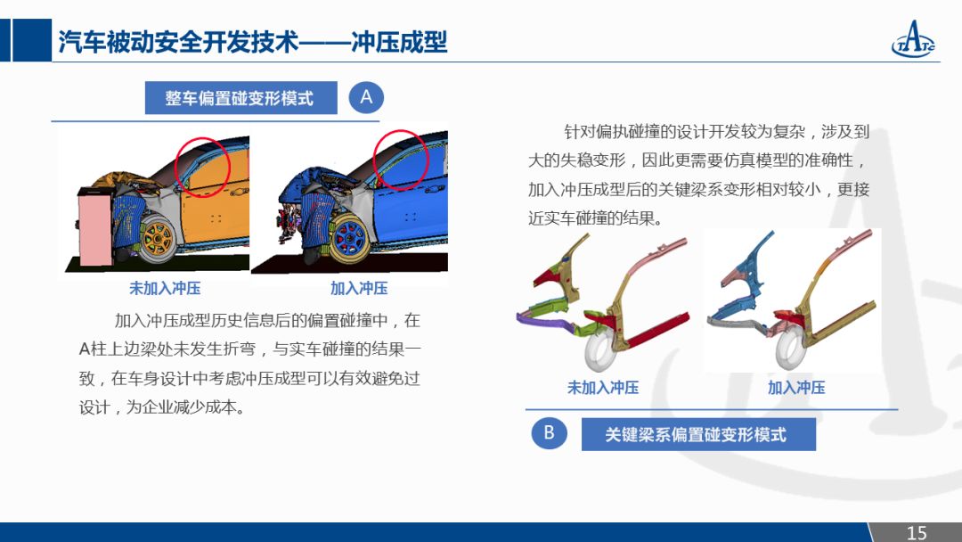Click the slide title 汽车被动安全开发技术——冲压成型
tap(253, 42)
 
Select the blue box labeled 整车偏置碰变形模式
tap(241, 97)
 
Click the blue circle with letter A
tap(366, 97)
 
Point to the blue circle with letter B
tap(549, 432)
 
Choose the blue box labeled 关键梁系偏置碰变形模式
tap(698, 435)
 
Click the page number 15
tap(917, 532)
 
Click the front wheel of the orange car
tap(158, 237)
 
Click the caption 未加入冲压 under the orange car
tap(165, 288)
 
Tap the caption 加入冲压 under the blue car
tap(359, 288)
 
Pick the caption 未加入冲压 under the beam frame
tap(603, 387)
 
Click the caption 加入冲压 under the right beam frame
tap(796, 387)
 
